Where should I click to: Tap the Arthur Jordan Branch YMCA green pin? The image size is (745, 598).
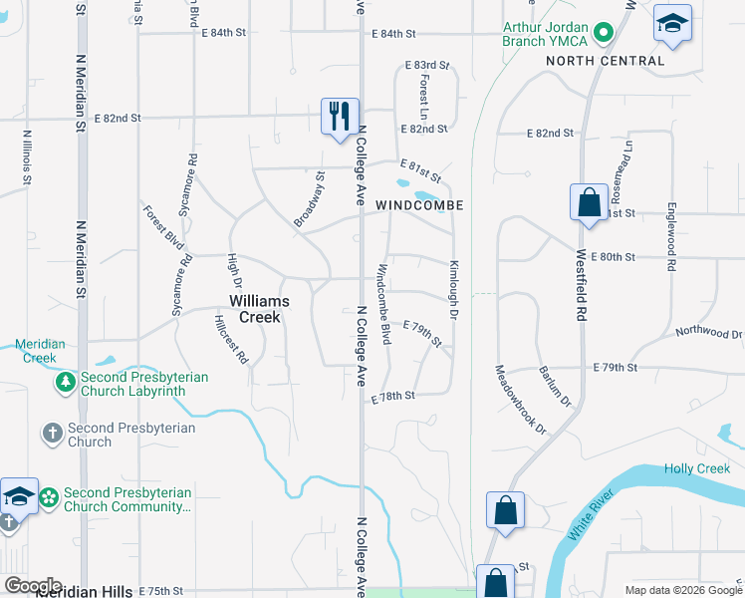click(x=603, y=34)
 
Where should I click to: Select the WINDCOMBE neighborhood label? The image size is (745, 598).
click(x=419, y=204)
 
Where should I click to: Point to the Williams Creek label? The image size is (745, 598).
click(x=259, y=308)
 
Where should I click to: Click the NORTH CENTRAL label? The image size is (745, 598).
click(x=605, y=61)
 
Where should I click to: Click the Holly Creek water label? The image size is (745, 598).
click(x=697, y=468)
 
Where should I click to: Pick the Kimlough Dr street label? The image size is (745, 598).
click(x=453, y=290)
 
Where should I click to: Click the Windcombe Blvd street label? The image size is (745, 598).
click(x=382, y=304)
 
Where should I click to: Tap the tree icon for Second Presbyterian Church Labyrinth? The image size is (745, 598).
click(x=65, y=382)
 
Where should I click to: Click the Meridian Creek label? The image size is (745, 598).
click(x=40, y=351)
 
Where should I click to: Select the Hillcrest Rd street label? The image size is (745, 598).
click(x=230, y=340)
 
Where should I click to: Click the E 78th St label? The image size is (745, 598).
click(x=391, y=396)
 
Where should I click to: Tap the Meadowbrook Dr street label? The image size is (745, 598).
click(x=521, y=400)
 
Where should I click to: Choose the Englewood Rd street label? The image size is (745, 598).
click(x=672, y=238)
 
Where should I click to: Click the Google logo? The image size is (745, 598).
click(x=33, y=586)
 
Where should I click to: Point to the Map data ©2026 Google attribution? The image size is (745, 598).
click(x=682, y=590)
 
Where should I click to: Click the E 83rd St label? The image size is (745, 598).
click(x=426, y=66)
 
